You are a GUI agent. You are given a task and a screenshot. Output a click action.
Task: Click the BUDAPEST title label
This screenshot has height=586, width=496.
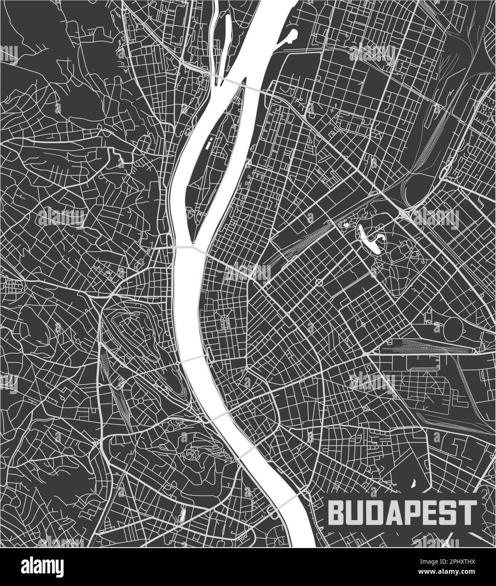tap(402, 511)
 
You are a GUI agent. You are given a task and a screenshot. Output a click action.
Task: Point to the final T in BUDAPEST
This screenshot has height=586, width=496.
tap(469, 511)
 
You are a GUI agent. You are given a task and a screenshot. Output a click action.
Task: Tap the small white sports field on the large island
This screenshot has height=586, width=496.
tap(209, 143)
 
